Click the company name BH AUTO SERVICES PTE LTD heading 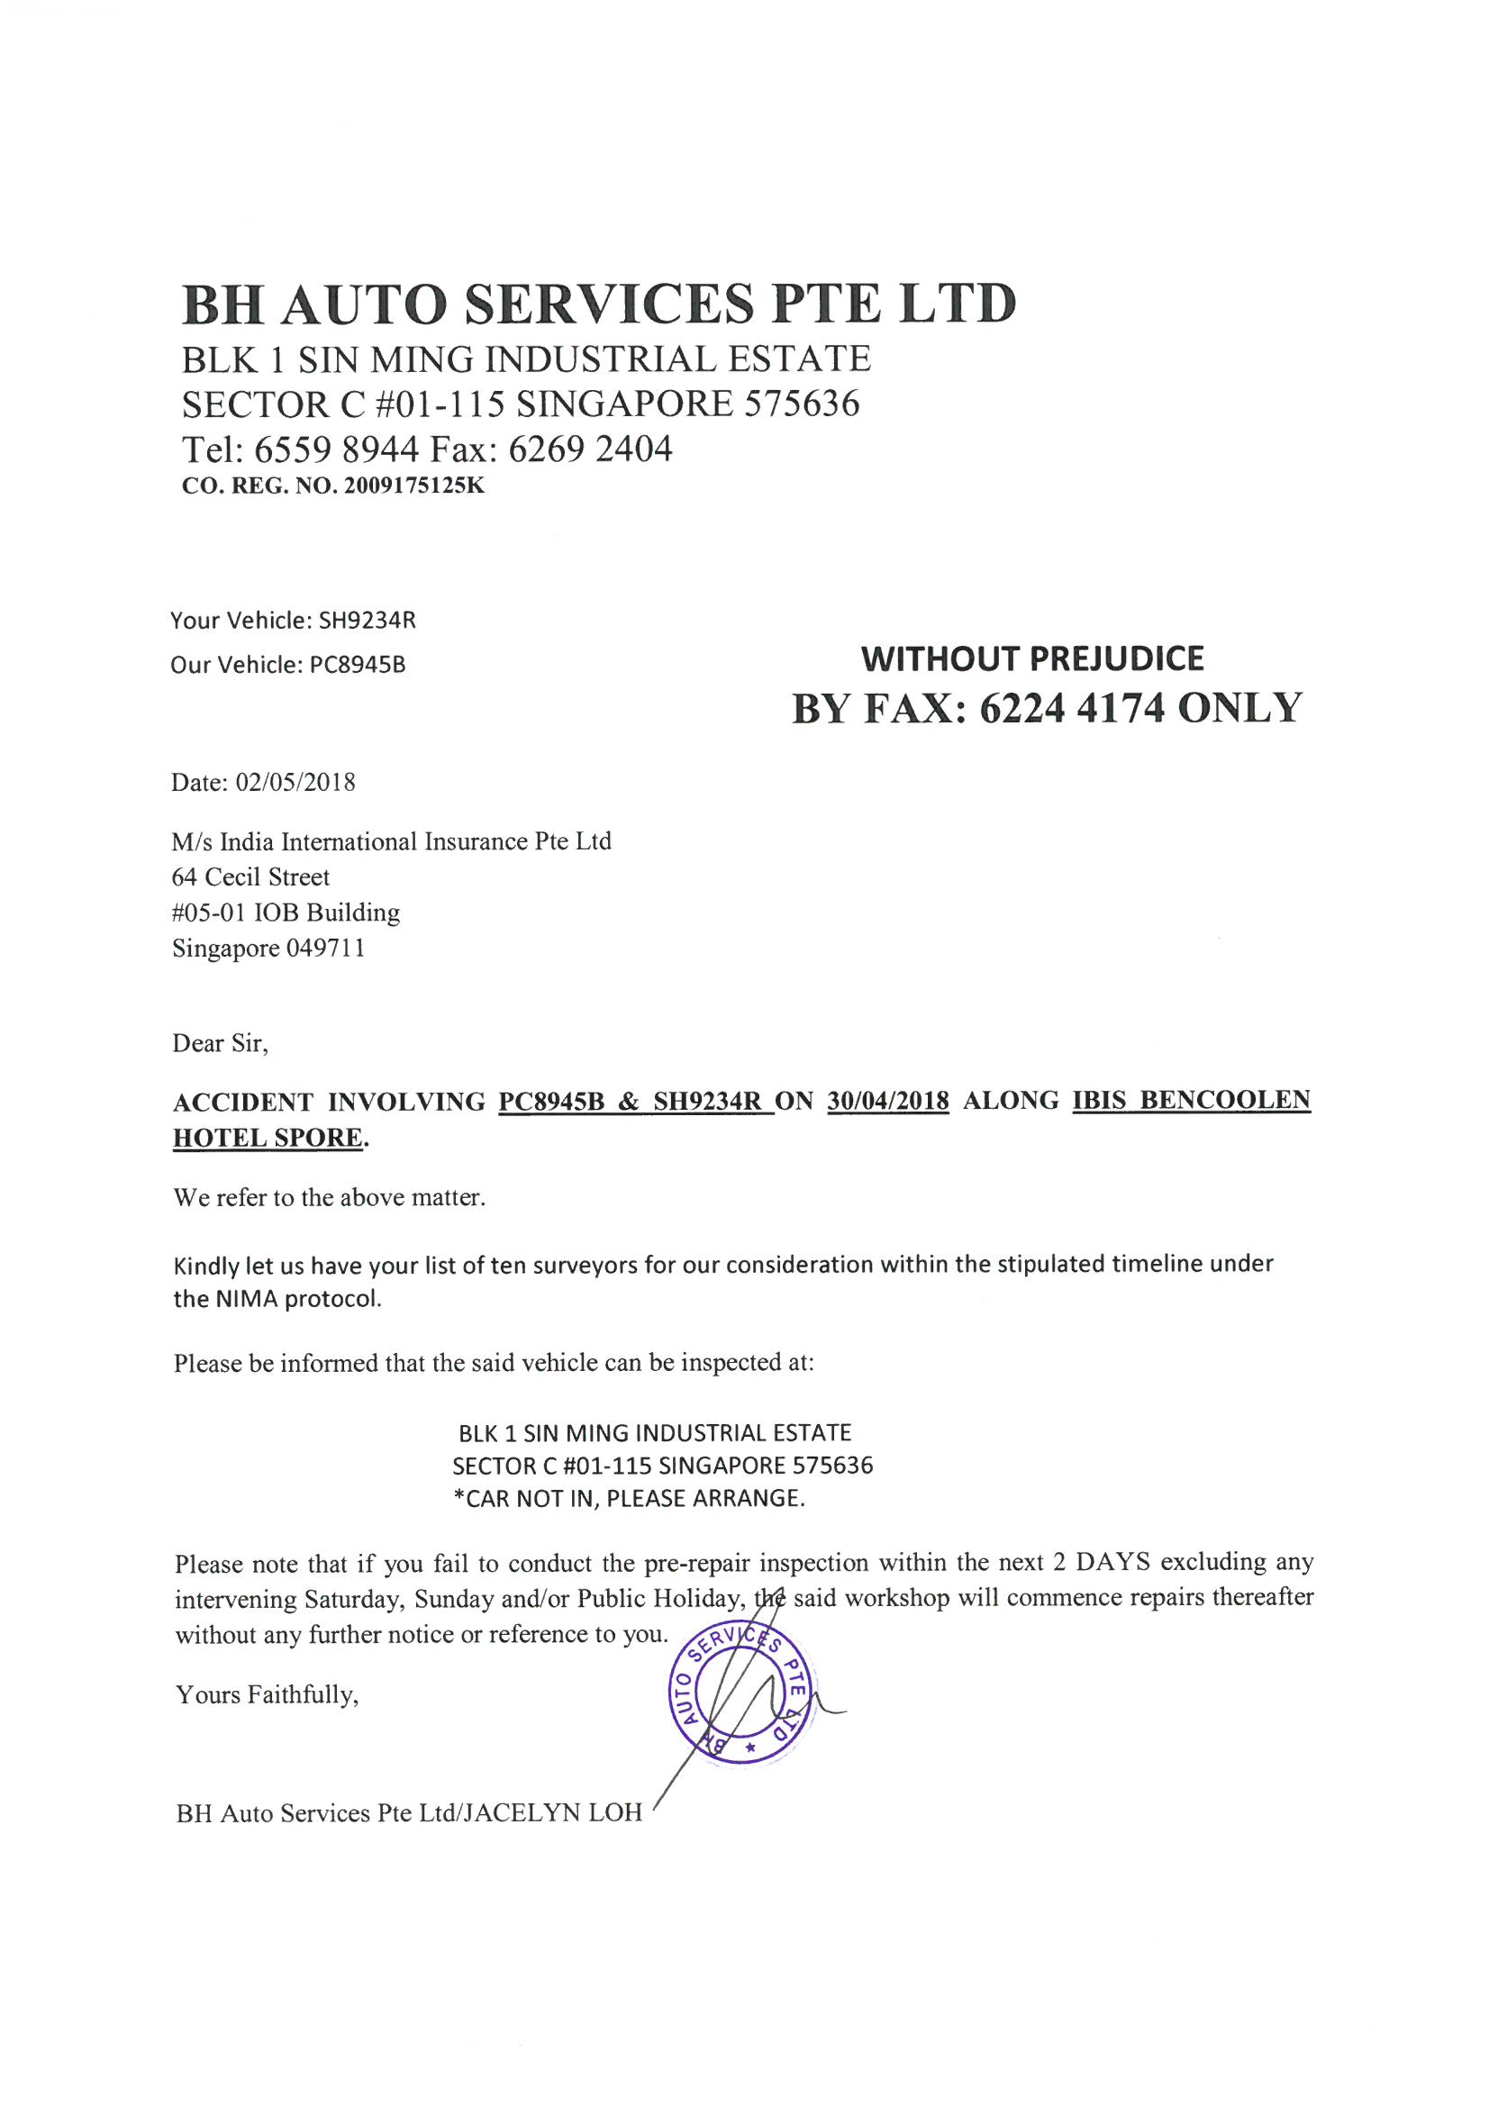598,304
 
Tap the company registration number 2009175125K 413,486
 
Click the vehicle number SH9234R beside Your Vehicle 367,621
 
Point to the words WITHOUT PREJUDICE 1032,658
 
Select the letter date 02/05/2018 295,783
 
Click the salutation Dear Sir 220,1044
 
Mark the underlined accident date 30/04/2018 887,1101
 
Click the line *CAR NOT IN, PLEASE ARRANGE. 630,1499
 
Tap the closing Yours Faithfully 267,1695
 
